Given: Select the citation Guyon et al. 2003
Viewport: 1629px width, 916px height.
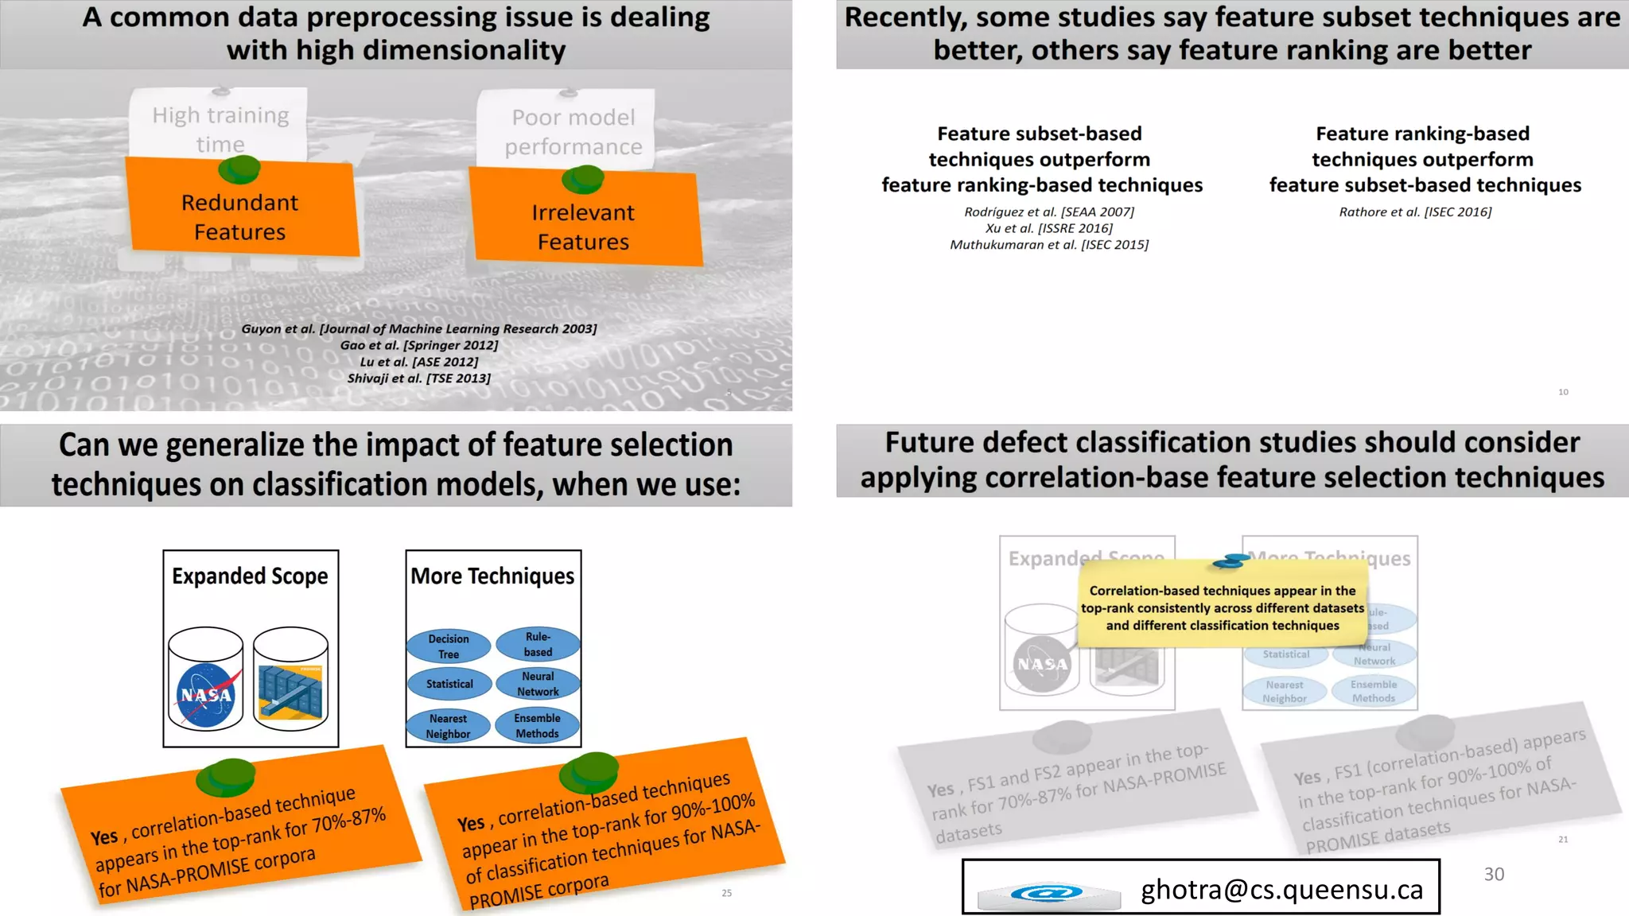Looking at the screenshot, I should pos(419,328).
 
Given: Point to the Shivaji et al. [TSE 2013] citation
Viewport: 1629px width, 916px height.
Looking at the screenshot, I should pos(419,378).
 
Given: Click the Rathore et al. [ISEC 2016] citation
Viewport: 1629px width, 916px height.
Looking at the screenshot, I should pos(1415,212).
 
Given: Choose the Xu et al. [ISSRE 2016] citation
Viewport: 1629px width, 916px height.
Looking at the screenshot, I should pos(1049,228).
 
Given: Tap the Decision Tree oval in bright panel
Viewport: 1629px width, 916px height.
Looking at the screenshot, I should pos(449,646).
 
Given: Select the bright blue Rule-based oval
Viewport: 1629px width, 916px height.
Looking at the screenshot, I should pos(538,644).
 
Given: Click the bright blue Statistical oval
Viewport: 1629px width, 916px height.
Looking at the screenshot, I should pos(449,684).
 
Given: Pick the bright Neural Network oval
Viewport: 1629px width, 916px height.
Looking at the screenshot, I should pos(538,684).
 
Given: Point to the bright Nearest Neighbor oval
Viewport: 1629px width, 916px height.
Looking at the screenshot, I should pos(449,726).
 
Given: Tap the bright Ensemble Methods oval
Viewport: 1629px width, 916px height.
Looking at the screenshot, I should pos(537,726).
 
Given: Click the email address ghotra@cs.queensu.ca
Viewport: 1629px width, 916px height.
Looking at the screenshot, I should pos(1281,889).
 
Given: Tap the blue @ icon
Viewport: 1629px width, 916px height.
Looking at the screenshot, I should pos(1047,894).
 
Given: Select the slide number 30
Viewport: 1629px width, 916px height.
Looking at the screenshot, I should pos(1494,874).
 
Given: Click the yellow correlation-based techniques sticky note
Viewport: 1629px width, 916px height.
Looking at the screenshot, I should pos(1222,608).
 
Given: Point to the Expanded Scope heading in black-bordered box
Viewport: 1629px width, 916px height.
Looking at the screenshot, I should pos(250,576).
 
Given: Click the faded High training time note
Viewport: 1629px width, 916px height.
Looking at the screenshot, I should pos(220,129).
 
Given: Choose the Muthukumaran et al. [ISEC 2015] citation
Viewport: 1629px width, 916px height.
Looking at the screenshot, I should pos(1049,245).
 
